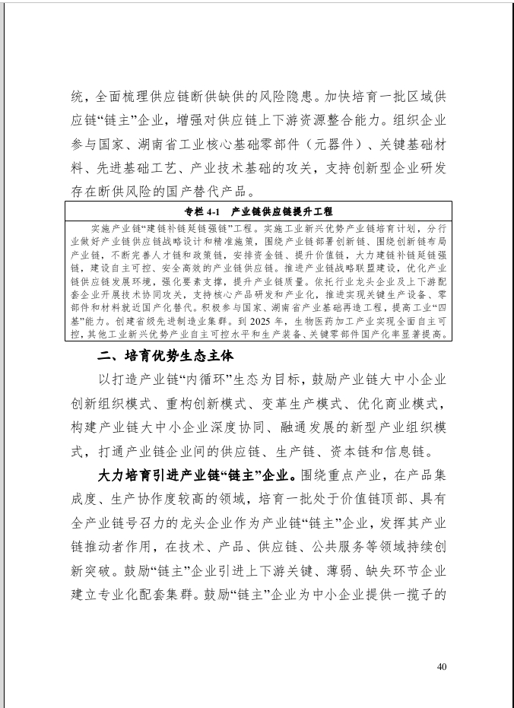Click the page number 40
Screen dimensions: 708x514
[x=442, y=667]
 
